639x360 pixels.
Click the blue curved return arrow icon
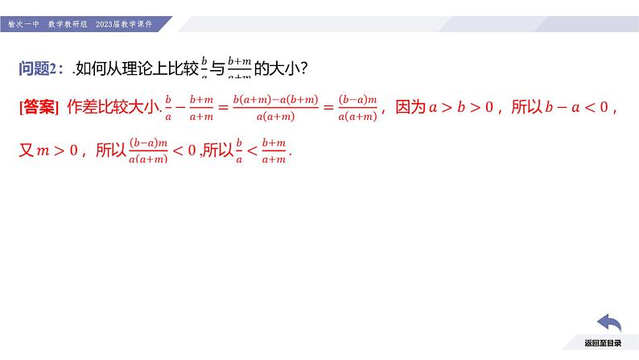(x=608, y=325)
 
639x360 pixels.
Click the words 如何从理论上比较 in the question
(x=137, y=70)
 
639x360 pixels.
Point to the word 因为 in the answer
(x=410, y=107)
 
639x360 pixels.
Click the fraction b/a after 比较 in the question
(x=204, y=70)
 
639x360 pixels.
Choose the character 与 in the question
(x=217, y=70)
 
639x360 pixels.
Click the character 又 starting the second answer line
(x=27, y=150)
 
